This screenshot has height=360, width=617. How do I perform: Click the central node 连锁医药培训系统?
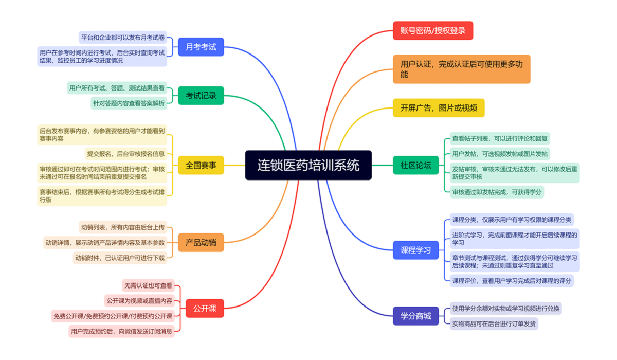308,165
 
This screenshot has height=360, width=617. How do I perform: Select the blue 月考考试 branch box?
201,47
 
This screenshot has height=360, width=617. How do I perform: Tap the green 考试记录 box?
201,96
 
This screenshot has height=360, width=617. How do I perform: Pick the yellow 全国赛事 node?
201,165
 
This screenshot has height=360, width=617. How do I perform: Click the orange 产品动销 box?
201,242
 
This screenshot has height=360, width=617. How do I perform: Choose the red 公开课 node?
205,308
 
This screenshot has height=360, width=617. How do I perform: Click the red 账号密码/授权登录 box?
433,30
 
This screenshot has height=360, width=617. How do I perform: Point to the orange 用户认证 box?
461,69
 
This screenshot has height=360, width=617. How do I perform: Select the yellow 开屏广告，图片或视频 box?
439,107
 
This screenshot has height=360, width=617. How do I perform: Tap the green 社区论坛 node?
415,165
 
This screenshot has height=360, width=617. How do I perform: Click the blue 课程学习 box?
415,250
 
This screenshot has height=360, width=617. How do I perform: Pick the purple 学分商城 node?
415,316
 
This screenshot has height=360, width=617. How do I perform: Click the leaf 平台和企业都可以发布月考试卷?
123,37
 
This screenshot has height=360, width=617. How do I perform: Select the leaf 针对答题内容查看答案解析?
129,103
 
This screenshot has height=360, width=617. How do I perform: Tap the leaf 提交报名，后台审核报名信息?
125,154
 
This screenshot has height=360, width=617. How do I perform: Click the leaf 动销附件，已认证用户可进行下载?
120,258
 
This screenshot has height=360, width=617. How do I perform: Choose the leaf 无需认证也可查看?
148,285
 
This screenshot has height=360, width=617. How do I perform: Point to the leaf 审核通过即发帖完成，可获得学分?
497,192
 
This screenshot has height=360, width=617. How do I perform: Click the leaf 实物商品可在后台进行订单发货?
494,323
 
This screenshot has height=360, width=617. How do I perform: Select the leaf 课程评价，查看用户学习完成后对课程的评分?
512,281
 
